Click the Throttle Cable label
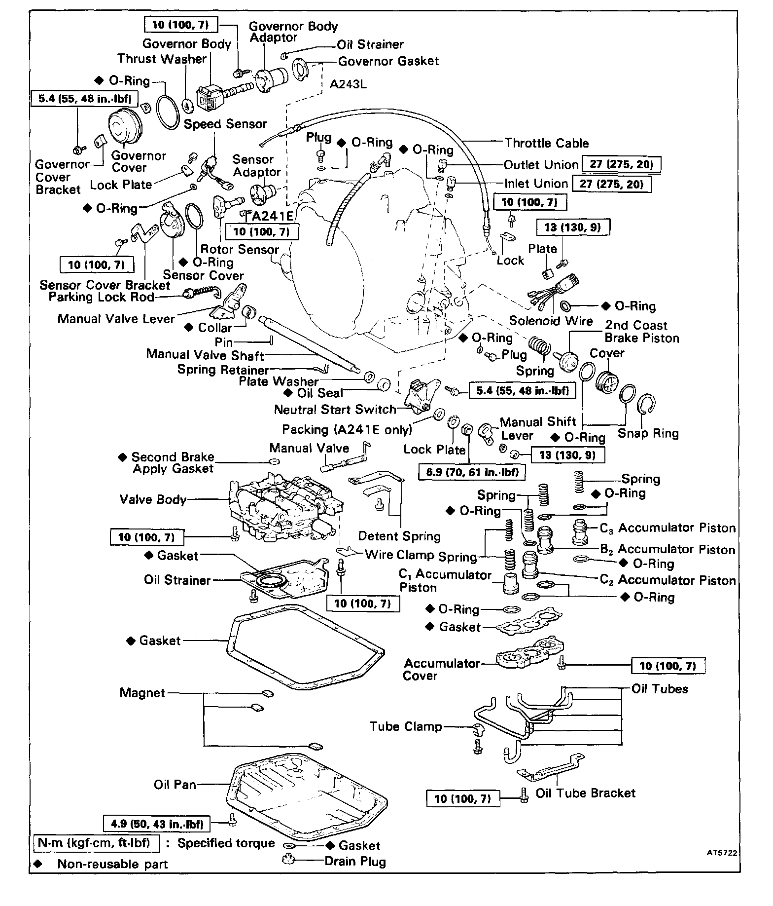click(x=547, y=143)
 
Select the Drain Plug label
click(x=355, y=862)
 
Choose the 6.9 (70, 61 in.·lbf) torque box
click(x=472, y=472)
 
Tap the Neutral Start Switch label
click(x=335, y=410)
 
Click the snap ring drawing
click(x=646, y=408)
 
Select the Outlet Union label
click(x=541, y=165)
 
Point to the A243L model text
click(x=348, y=84)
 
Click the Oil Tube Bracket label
click(x=586, y=793)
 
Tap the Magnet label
click(x=142, y=693)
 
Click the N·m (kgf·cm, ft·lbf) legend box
click(x=97, y=843)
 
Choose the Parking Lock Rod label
click(x=102, y=297)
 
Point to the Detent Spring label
click(x=399, y=536)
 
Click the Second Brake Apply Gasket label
click(x=173, y=463)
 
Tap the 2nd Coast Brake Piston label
click(x=641, y=332)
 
